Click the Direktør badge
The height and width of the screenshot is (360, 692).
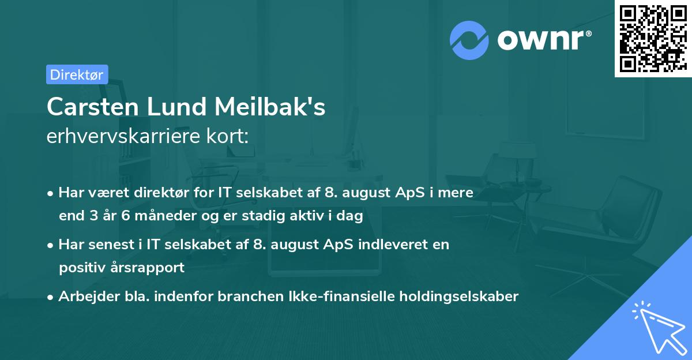click(x=77, y=74)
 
